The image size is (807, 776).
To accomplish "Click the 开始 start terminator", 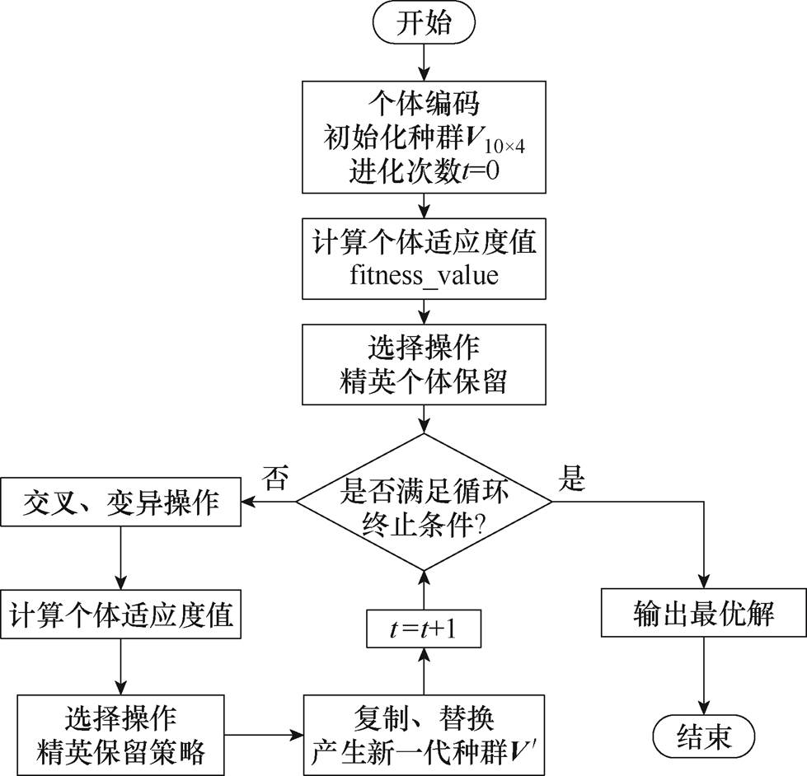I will pos(425,23).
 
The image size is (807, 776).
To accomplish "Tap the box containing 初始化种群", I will pos(425,136).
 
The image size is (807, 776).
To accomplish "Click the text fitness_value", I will pos(425,274).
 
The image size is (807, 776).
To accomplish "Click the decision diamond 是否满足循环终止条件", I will pos(425,502).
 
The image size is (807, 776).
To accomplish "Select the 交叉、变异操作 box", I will pos(120,502).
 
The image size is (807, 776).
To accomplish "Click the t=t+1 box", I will pos(425,629).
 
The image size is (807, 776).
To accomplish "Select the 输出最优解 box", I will pos(703,614).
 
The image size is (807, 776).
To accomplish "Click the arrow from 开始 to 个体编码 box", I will pos(425,62).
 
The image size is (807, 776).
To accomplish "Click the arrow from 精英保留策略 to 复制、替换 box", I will pos(264,732).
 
